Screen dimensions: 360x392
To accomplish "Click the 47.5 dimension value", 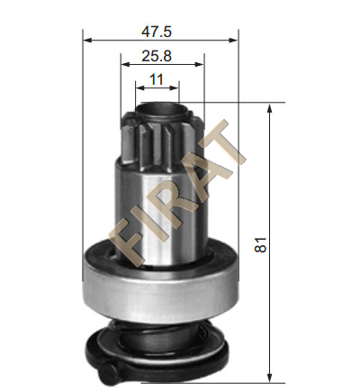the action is coord(157,32).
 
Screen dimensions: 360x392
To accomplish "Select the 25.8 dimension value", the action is coord(157,56).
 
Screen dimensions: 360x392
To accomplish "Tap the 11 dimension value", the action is coord(157,79).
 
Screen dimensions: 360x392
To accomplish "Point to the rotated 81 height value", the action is coord(260,245).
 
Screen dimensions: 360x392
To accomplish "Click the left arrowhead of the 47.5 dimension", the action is coord(87,41).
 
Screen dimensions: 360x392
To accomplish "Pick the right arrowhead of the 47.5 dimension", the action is coord(233,41).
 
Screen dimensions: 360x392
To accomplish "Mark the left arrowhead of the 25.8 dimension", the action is coord(125,64).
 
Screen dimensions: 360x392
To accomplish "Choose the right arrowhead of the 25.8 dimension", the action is coord(199,64).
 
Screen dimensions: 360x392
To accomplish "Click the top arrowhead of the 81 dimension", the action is coord(270,108).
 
